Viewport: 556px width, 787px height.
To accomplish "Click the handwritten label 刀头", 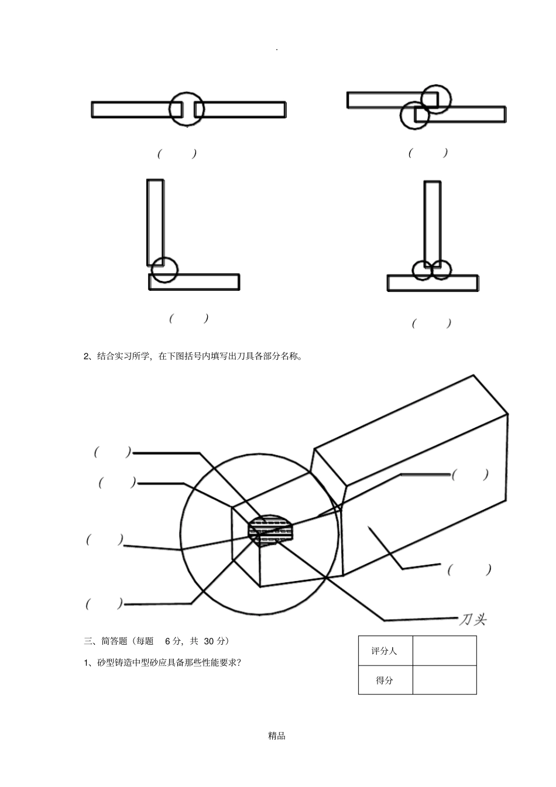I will coord(472,619).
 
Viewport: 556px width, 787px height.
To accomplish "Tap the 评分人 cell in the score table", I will coord(385,651).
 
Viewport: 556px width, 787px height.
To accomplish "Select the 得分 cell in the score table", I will coord(385,680).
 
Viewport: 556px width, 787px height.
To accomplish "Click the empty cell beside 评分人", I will coord(444,651).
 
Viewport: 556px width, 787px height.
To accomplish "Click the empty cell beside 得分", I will coord(444,680).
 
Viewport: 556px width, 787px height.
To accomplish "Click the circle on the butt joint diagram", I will coord(187,108).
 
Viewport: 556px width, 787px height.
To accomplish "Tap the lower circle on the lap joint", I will coord(414,115).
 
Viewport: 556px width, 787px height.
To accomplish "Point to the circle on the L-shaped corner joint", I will coord(163,270).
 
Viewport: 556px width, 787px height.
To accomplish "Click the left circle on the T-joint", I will coord(422,270).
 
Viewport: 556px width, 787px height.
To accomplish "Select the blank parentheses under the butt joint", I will coord(177,154).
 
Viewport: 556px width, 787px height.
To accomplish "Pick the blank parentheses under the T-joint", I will coord(432,323).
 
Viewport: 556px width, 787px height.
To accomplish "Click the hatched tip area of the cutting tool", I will coord(270,529).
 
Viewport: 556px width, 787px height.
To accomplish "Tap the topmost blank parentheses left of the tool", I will coord(113,452).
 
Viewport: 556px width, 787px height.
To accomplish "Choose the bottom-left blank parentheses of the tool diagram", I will coord(105,603).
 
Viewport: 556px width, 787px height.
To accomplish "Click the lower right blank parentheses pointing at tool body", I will coord(469,569).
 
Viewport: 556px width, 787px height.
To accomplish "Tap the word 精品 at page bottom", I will coord(277,736).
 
